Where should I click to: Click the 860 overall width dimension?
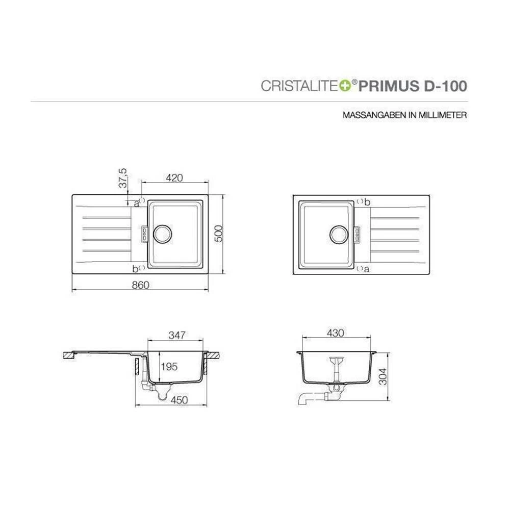coord(140,285)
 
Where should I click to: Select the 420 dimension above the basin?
coord(174,178)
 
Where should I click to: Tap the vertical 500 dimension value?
coord(219,233)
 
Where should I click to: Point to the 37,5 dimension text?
coord(123,178)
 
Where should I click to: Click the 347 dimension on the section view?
coord(177,335)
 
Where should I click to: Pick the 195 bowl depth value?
coord(169,367)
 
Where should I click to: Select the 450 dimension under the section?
coord(179,400)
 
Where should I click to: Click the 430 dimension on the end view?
coord(335,333)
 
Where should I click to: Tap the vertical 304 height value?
coord(383,376)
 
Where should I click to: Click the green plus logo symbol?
coord(345,86)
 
